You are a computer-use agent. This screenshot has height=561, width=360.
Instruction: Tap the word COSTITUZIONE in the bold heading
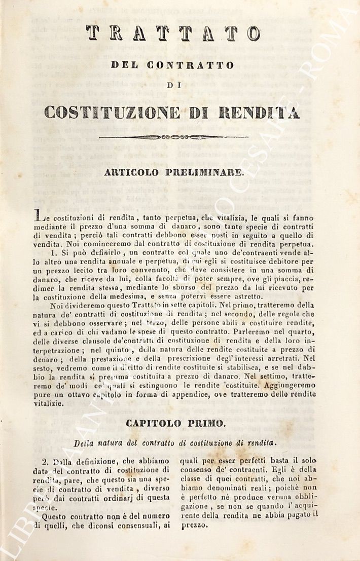point(112,111)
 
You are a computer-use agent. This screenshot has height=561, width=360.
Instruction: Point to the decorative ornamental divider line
point(173,137)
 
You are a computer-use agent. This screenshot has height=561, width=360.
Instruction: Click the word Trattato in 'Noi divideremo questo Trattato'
point(147,306)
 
